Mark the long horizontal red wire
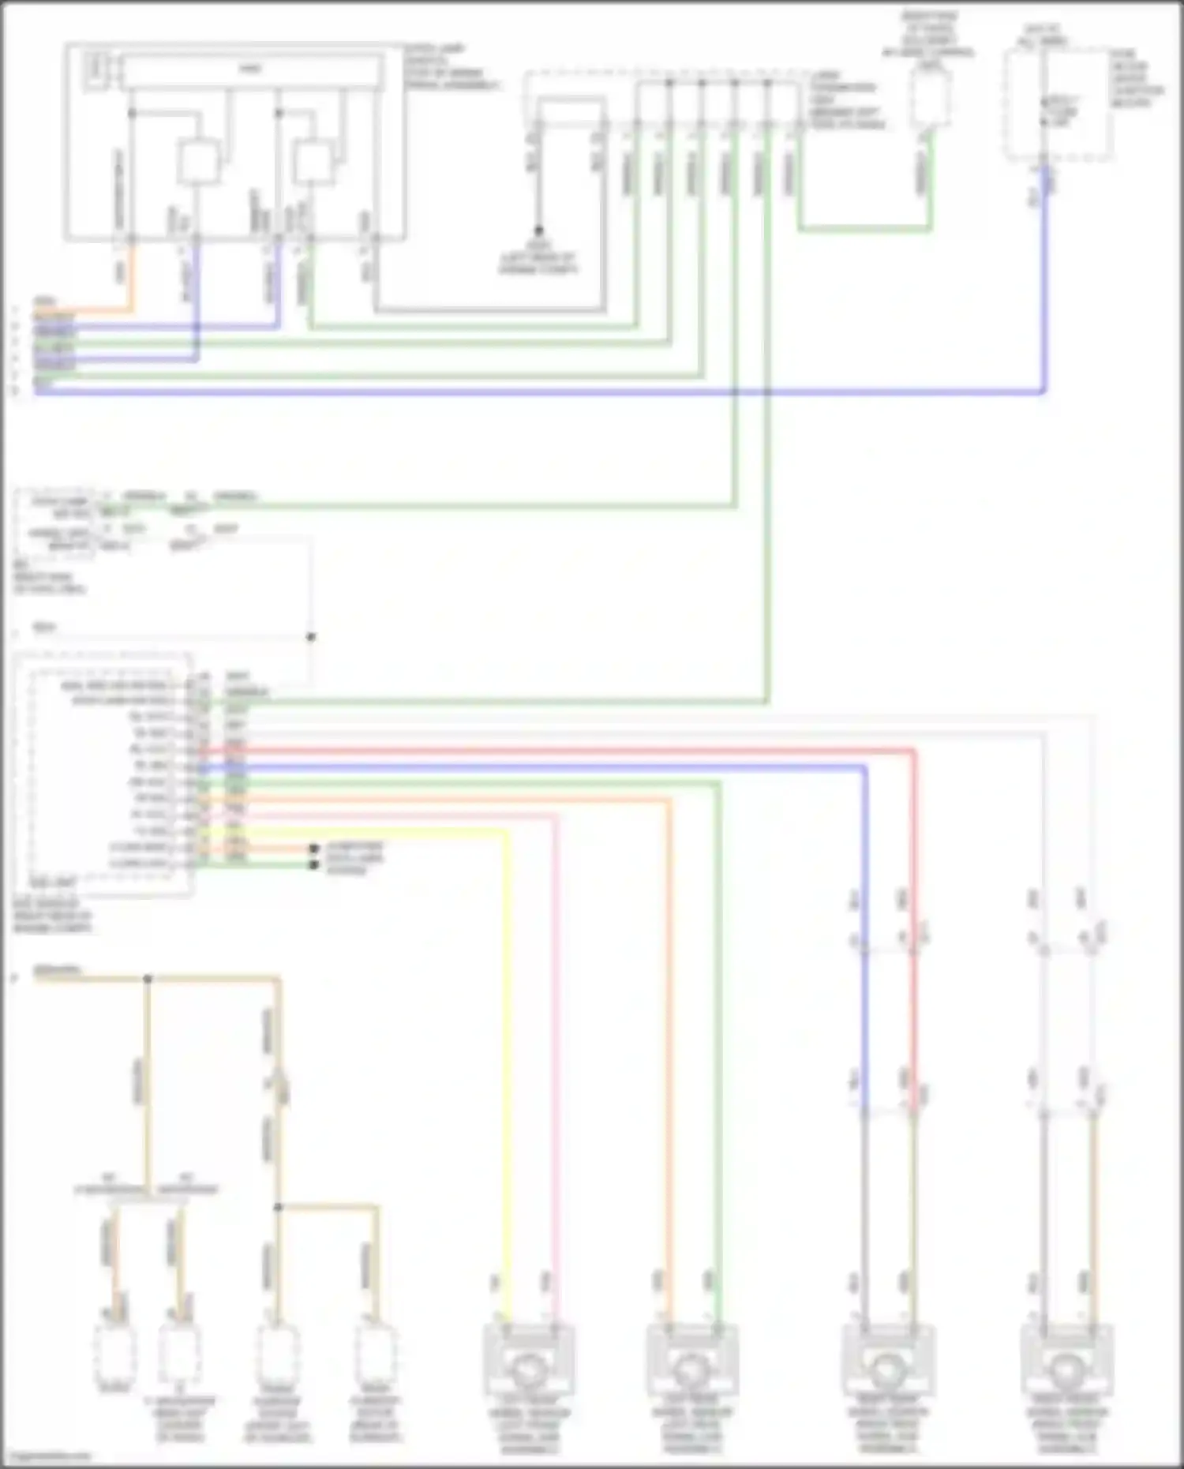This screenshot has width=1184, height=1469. [553, 751]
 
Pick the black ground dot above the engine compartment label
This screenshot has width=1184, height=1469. [538, 230]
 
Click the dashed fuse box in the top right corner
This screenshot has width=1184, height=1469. [1058, 104]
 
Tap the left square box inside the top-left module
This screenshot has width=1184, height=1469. [197, 163]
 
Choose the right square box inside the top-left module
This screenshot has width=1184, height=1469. [314, 163]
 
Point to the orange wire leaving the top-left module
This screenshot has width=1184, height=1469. [131, 276]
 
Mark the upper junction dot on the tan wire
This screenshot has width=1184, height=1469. [148, 979]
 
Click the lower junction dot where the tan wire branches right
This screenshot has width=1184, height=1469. [278, 1207]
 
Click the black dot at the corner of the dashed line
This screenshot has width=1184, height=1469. [311, 637]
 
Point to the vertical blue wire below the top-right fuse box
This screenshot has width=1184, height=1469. [1045, 276]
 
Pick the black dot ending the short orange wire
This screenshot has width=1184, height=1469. [314, 849]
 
